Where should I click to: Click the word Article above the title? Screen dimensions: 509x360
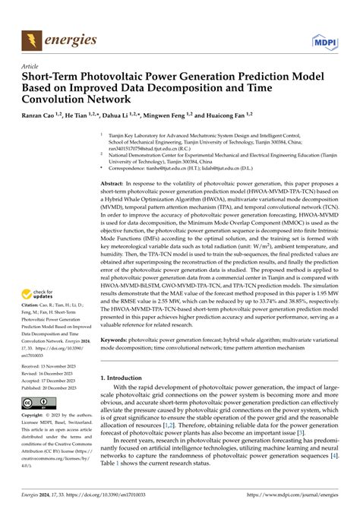31,67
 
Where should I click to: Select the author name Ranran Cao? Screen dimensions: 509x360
46,116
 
